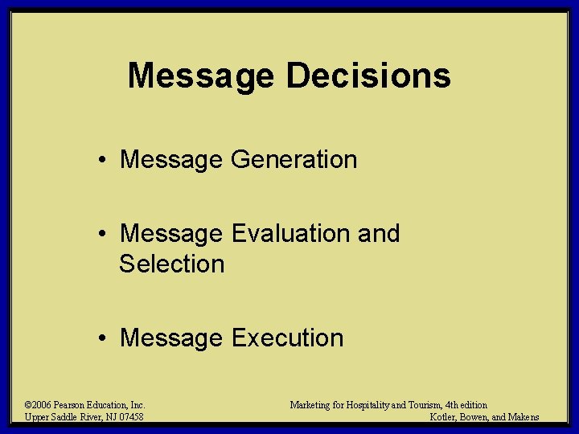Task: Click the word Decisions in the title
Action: (x=368, y=76)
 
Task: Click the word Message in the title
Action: (x=201, y=76)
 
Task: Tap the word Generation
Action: (x=294, y=160)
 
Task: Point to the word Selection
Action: (x=171, y=264)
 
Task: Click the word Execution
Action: (x=287, y=338)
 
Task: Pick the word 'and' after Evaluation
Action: (x=377, y=234)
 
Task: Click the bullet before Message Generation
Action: (x=105, y=161)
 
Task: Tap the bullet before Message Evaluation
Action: (x=105, y=235)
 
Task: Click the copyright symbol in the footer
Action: (x=28, y=405)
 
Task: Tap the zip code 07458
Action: (x=129, y=416)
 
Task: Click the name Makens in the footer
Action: (x=523, y=416)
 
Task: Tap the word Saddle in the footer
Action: (x=63, y=416)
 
